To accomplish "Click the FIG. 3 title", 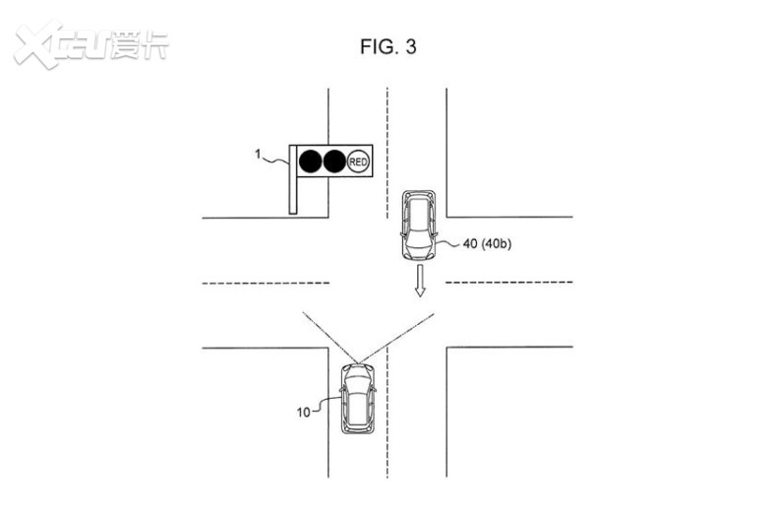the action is coord(388,46).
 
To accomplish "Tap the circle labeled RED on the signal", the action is coord(358,162).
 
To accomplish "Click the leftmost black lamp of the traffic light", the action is coord(311,162).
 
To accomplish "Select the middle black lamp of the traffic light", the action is coord(334,162).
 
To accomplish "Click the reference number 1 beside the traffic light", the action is coord(258,155).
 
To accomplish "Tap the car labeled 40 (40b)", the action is coord(418,226).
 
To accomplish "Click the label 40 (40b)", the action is coord(487,243).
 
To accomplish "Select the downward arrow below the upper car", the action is coord(420,280).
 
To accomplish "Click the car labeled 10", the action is coord(358,399).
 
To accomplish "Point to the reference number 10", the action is coord(304,412).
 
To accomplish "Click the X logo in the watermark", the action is coord(37,43).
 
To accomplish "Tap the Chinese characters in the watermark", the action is coord(141,45).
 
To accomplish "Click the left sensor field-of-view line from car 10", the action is coord(330,338).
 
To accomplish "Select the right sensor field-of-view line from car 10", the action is coord(396,338).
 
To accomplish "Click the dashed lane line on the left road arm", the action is coord(266,283).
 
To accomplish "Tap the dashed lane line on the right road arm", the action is coord(509,283).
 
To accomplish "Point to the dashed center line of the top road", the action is coord(387,154).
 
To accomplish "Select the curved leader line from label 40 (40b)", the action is coord(448,242).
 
